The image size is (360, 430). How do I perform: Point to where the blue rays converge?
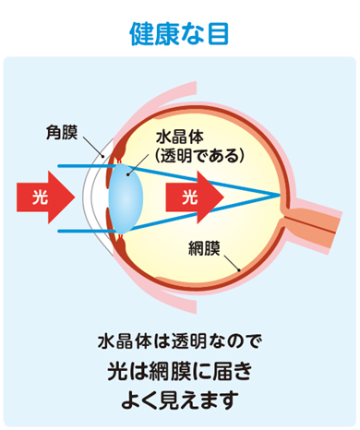(280, 196)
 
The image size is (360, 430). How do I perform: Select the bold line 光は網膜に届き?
(180, 372)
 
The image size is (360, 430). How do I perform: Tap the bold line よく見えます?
(180, 401)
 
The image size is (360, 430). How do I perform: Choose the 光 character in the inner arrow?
(189, 196)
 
